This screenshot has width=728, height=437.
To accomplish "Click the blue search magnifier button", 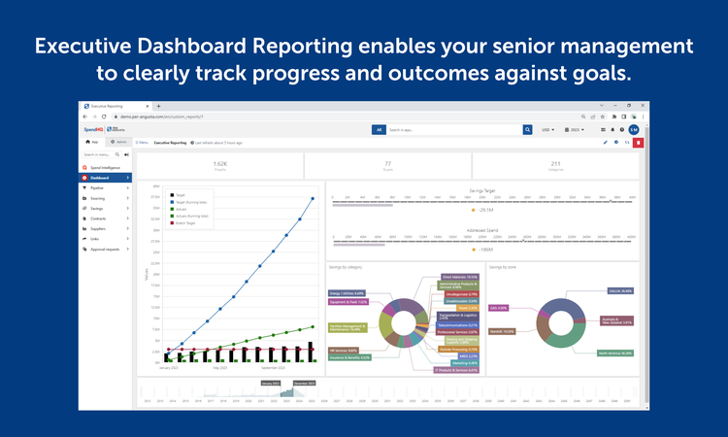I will coord(528,129).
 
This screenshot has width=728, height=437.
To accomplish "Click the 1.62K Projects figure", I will coord(219,164).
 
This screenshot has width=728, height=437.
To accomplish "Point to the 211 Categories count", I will coord(555,164).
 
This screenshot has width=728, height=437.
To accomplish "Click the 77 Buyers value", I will coord(387,164).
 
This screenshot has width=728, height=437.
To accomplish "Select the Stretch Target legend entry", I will coord(186,222).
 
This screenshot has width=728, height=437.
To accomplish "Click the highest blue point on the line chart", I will coord(313,199).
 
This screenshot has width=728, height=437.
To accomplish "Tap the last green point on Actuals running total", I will coord(313,326).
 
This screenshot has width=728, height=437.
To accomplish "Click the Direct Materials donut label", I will coord(459,277).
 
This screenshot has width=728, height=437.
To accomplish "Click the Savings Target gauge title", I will coord(481,191).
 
